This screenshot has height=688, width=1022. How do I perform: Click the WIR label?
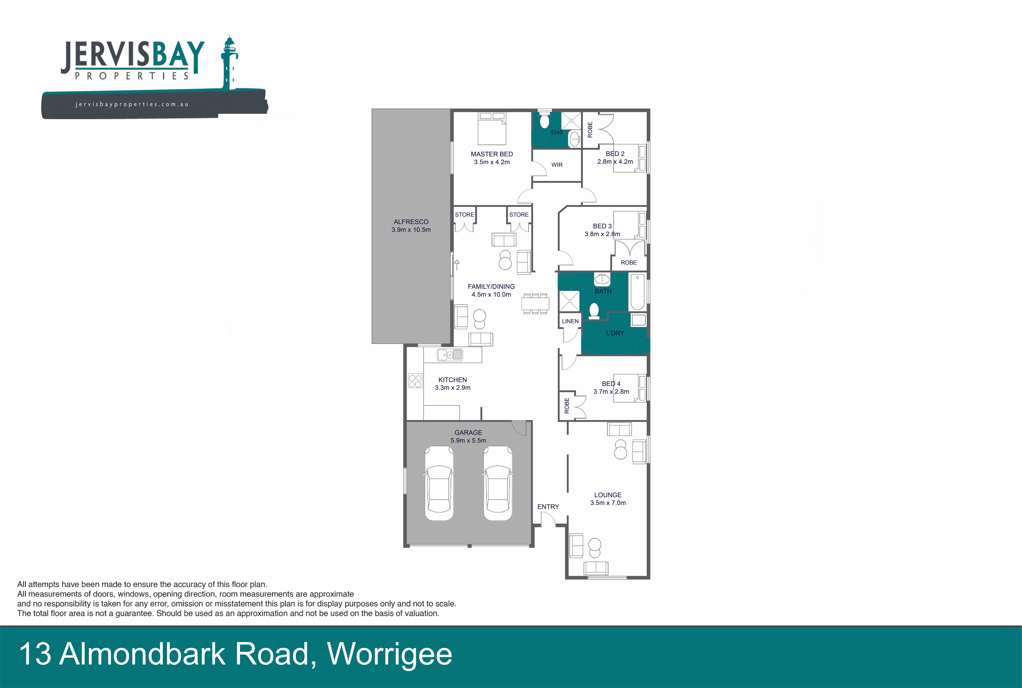(557, 165)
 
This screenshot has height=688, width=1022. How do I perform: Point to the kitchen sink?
(450, 355)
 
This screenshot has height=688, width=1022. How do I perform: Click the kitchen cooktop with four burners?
(415, 381)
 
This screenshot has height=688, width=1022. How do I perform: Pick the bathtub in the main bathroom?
(637, 291)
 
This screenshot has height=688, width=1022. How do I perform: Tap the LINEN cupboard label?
(570, 321)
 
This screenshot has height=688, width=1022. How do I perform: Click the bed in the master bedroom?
(492, 129)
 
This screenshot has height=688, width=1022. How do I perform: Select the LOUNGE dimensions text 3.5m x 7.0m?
(608, 503)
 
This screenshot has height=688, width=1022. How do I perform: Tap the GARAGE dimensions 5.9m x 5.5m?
(468, 440)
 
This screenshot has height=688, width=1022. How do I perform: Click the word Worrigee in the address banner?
(390, 654)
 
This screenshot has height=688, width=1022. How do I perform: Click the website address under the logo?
(132, 104)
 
